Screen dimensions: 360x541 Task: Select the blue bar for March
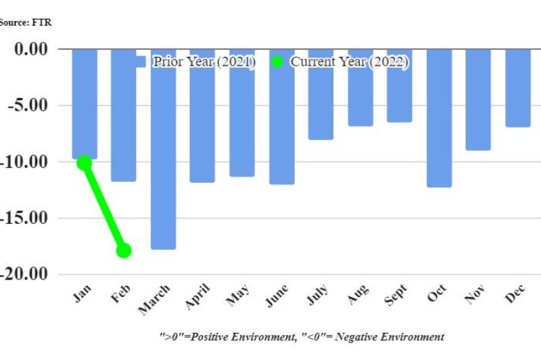(163, 149)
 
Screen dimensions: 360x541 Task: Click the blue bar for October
(439, 118)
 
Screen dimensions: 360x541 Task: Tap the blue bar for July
(321, 94)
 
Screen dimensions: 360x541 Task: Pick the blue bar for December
(518, 88)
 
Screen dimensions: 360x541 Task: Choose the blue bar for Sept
(399, 85)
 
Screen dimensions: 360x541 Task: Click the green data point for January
(84, 162)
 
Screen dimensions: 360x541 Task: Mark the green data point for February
(123, 250)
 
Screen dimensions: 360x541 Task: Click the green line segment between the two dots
(103, 206)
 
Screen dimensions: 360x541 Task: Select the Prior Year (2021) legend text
(204, 62)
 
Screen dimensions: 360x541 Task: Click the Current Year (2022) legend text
(349, 62)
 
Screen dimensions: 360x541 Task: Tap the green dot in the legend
(277, 62)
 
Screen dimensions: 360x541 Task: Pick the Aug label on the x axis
(357, 295)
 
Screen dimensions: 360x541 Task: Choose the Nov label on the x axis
(476, 295)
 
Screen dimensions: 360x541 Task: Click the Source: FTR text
(25, 22)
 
